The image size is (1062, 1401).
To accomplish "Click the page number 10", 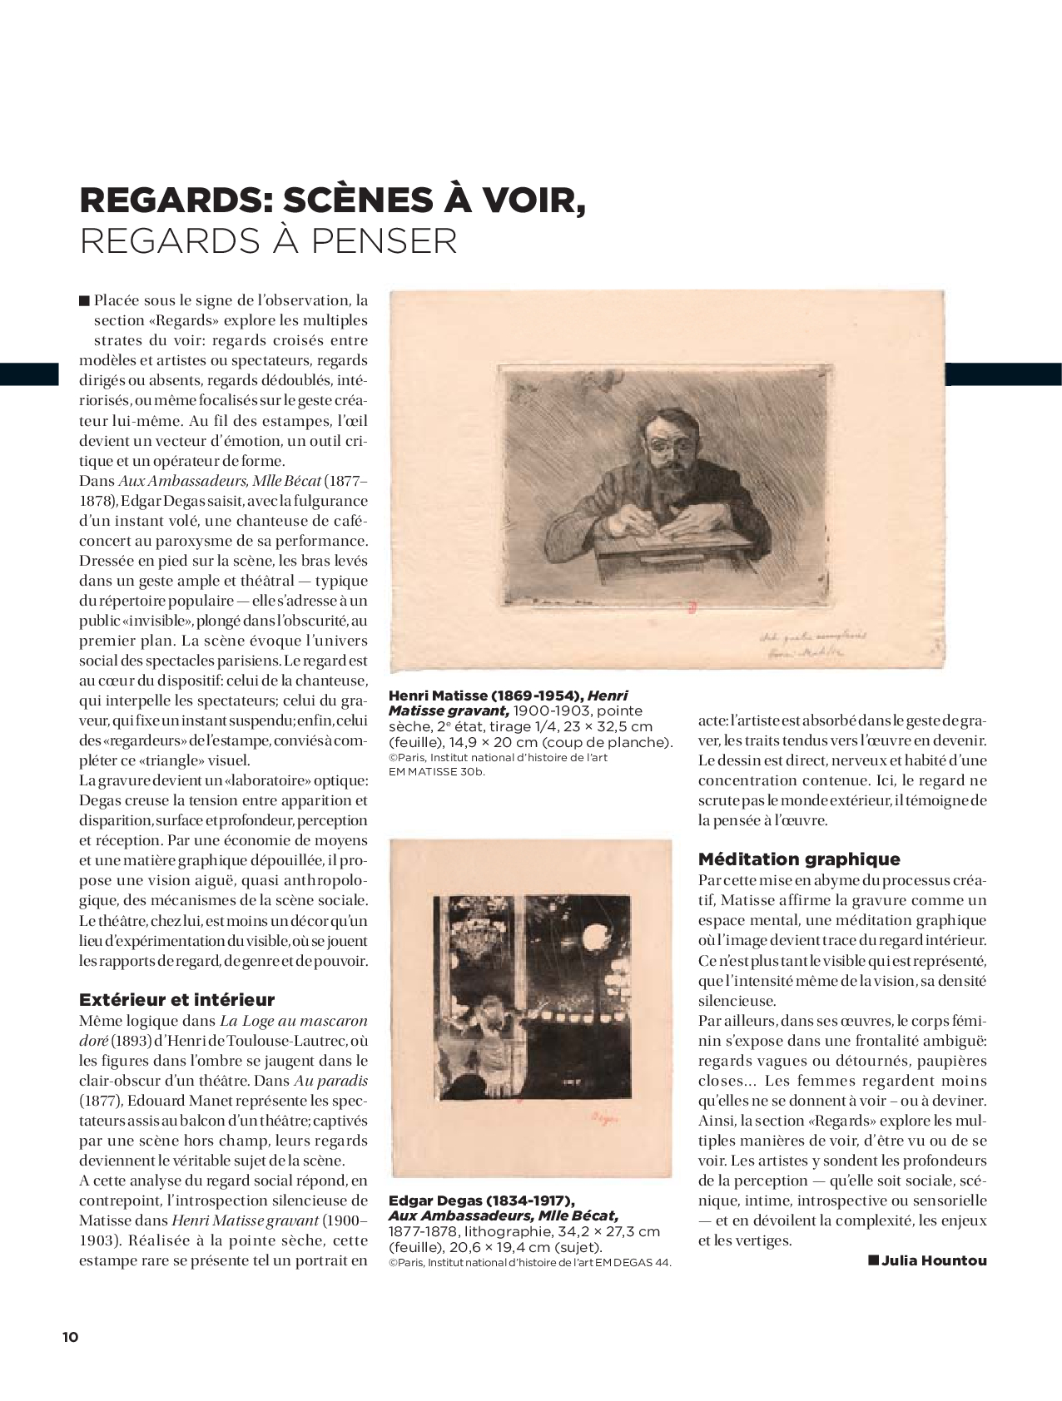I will click(70, 1337).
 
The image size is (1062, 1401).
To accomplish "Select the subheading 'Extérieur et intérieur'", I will click(176, 999).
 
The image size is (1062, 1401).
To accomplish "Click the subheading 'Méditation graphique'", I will click(799, 859).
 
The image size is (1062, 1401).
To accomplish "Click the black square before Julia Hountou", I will click(873, 1260).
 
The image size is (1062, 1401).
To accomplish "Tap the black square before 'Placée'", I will click(84, 300).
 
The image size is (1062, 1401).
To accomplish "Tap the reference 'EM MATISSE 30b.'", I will click(437, 771).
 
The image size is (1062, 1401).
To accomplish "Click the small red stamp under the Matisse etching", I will click(691, 609).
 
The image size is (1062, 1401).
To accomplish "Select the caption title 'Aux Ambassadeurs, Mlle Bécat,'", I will click(504, 1215).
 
